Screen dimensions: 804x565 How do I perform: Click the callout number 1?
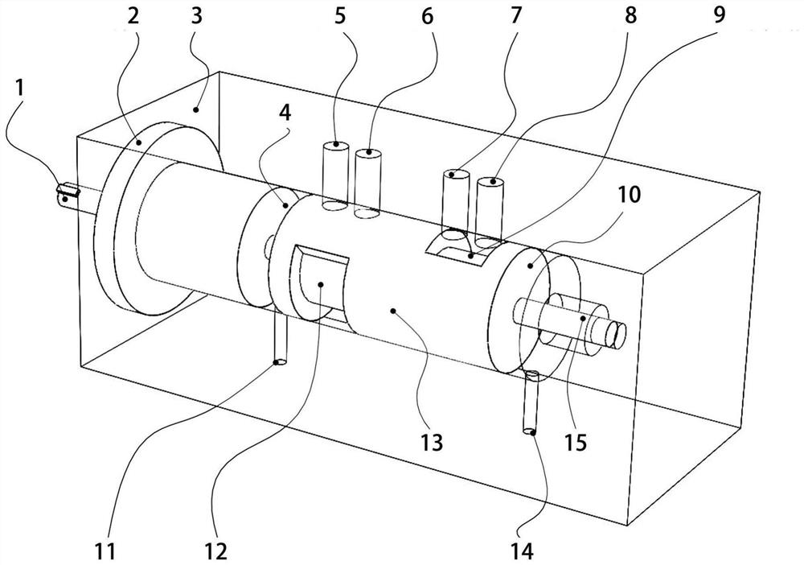pos(19,88)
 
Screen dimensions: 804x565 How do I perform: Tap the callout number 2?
pos(133,15)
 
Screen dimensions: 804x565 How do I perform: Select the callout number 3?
pos(196,15)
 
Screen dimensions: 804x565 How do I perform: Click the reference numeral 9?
pos(720,14)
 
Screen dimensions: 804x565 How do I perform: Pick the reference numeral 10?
pos(630,195)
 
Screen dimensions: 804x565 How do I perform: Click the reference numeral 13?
pos(432,442)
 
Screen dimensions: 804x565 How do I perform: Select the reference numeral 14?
pos(522,551)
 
